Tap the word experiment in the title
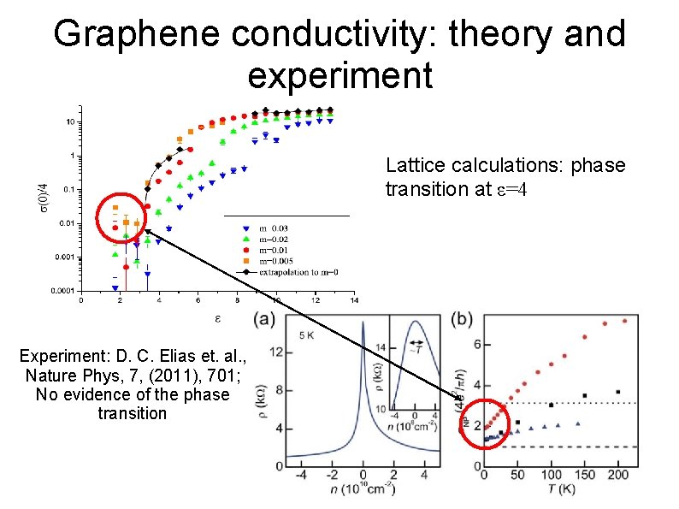339,74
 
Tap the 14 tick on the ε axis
353,300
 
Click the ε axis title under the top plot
217,318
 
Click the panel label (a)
265,320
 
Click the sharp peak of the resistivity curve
363,325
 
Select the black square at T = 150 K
585,396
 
